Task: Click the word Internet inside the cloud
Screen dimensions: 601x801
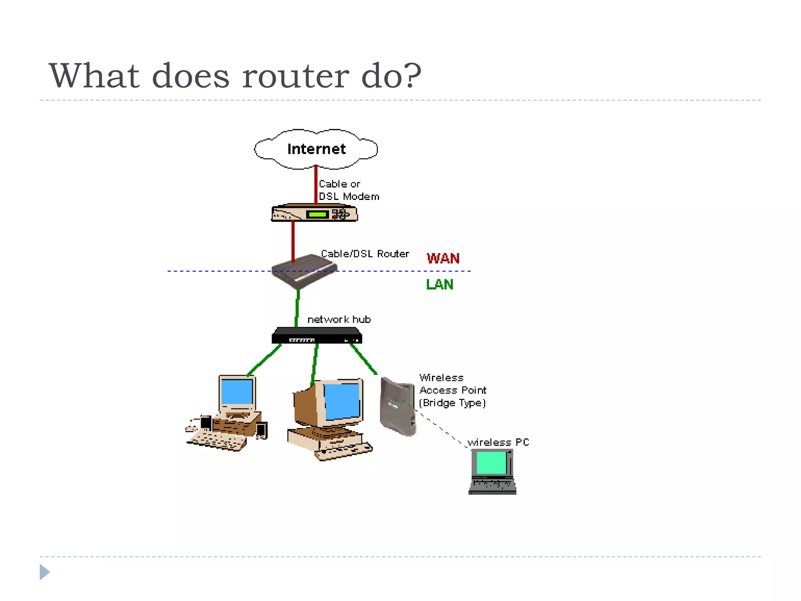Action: point(316,149)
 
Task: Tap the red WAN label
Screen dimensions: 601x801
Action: point(443,259)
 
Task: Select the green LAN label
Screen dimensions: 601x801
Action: point(440,284)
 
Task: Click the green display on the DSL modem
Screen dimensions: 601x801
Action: point(317,214)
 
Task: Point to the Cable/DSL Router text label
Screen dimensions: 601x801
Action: point(365,254)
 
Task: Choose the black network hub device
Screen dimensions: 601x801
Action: point(317,336)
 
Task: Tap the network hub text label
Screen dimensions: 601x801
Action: point(339,320)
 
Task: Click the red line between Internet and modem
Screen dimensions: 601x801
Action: point(316,184)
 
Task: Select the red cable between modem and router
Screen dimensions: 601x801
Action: point(293,241)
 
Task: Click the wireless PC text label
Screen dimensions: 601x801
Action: point(498,443)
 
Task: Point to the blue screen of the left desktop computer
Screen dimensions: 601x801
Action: point(237,392)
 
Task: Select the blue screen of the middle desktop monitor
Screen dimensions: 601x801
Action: point(342,401)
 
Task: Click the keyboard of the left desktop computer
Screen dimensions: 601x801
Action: point(217,442)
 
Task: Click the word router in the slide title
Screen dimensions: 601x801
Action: point(295,76)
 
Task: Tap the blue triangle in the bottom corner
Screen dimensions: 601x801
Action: point(44,572)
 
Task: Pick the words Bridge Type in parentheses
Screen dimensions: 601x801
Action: point(453,403)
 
